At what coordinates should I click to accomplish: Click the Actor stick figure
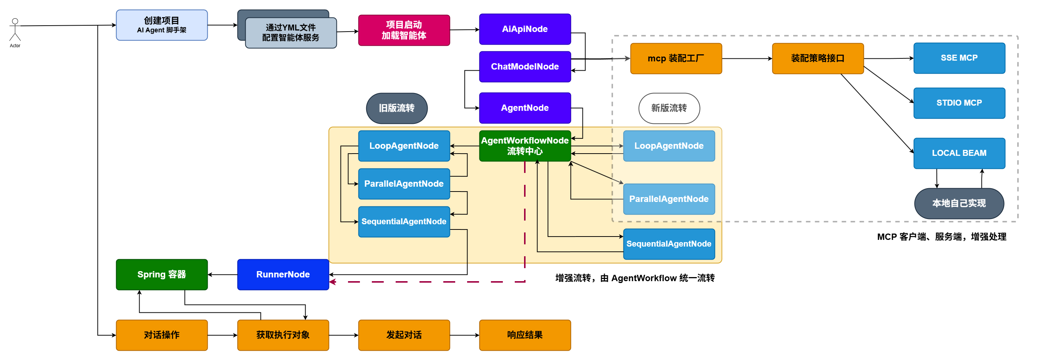(x=15, y=30)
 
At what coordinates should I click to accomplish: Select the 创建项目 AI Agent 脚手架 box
(x=162, y=25)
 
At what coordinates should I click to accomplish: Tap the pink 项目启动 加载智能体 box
(x=404, y=30)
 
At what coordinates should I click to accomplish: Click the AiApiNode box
(x=525, y=29)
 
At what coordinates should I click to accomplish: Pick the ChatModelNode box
(x=525, y=67)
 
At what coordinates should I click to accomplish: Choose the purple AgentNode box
(x=525, y=108)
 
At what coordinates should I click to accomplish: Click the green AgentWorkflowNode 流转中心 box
(x=525, y=146)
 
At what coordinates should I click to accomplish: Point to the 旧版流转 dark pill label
(x=397, y=108)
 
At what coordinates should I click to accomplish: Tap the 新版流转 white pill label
(x=669, y=108)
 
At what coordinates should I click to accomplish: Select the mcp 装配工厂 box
(x=676, y=58)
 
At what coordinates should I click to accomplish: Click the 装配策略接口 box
(x=818, y=58)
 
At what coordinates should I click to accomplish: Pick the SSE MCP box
(x=959, y=58)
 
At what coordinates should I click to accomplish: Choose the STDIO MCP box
(x=959, y=103)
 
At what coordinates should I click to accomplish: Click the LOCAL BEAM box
(x=959, y=153)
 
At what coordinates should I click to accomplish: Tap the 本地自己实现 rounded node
(x=959, y=203)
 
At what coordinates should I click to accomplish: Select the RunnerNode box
(x=283, y=275)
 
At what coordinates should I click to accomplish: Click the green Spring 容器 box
(x=162, y=275)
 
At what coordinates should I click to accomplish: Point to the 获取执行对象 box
(x=283, y=335)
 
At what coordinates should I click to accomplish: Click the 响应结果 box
(x=525, y=335)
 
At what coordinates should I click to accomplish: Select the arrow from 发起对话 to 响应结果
(x=465, y=335)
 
